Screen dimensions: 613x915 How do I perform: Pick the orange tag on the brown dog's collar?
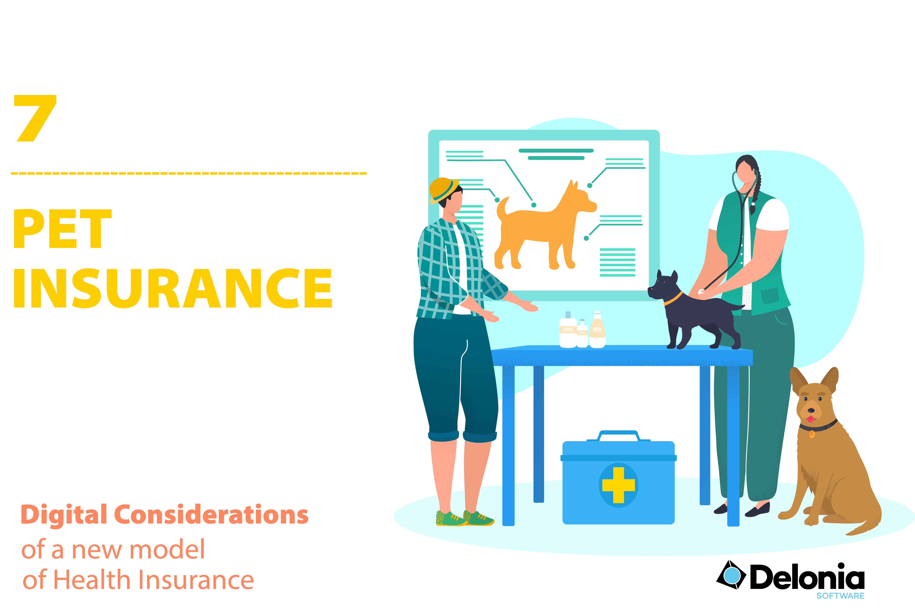(812, 434)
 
